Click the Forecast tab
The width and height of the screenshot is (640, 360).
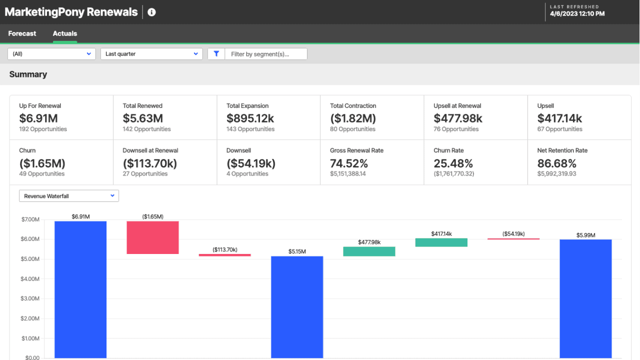[22, 33]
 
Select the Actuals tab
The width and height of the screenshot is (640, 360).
[65, 33]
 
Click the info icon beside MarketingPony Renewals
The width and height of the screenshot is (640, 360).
[152, 12]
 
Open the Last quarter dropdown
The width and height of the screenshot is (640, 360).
[151, 54]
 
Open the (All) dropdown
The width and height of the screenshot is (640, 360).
[51, 54]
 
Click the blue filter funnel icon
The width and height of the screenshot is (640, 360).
[216, 54]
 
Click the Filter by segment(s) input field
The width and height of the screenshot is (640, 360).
[265, 54]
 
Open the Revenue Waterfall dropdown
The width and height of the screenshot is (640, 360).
[69, 196]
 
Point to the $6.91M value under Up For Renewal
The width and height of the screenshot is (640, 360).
[38, 118]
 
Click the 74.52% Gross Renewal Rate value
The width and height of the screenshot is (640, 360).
[349, 163]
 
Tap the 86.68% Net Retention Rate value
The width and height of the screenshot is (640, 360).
[556, 163]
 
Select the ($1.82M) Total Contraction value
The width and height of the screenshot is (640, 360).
[353, 118]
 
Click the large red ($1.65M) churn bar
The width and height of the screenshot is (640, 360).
[152, 237]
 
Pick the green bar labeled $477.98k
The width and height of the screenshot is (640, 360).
[369, 251]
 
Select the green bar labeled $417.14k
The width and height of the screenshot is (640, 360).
[441, 242]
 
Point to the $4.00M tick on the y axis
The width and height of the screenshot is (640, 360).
[30, 278]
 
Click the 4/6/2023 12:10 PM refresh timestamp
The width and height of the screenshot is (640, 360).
[577, 14]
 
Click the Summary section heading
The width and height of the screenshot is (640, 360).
[28, 74]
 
